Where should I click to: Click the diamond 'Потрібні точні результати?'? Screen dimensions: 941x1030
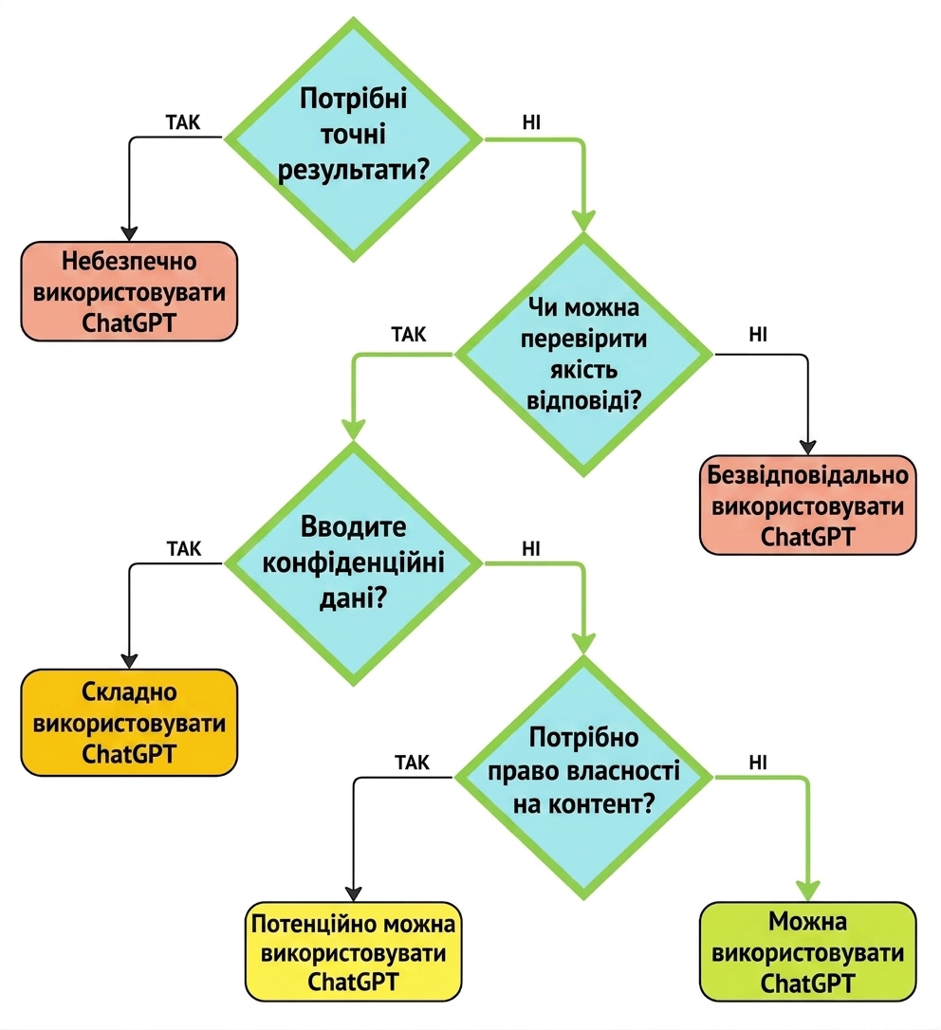pos(354,139)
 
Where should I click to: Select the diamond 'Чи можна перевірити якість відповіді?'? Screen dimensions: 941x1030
pos(583,355)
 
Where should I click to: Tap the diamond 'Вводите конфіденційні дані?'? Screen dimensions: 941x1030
pos(354,563)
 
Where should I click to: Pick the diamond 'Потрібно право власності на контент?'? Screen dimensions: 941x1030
pos(583,778)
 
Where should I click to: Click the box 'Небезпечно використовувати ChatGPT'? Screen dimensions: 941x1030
pos(129,291)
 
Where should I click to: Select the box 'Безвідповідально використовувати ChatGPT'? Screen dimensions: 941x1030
pos(807,506)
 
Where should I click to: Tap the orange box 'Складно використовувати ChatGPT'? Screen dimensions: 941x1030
pos(129,723)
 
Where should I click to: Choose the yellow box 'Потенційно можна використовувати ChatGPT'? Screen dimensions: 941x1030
pos(354,952)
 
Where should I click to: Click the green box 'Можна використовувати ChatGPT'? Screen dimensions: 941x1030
pos(807,952)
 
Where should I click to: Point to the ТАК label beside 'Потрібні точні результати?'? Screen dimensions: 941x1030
pos(183,122)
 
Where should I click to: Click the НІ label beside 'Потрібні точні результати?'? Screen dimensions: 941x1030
pos(531,122)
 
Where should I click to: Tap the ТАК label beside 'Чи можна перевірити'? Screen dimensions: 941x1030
pos(409,335)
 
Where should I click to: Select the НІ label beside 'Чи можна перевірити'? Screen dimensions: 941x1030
pos(758,335)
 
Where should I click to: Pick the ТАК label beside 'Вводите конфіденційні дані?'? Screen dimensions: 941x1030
pos(184,548)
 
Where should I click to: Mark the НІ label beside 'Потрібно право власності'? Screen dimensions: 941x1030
pos(758,762)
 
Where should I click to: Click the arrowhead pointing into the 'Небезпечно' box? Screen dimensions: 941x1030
pos(129,234)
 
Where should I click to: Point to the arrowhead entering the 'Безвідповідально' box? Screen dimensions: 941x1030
pos(807,448)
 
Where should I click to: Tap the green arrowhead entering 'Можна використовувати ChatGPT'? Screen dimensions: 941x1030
pos(807,892)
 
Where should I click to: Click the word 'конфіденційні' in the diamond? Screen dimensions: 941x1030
pos(354,563)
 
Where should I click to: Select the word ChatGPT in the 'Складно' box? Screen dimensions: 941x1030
pos(129,753)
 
